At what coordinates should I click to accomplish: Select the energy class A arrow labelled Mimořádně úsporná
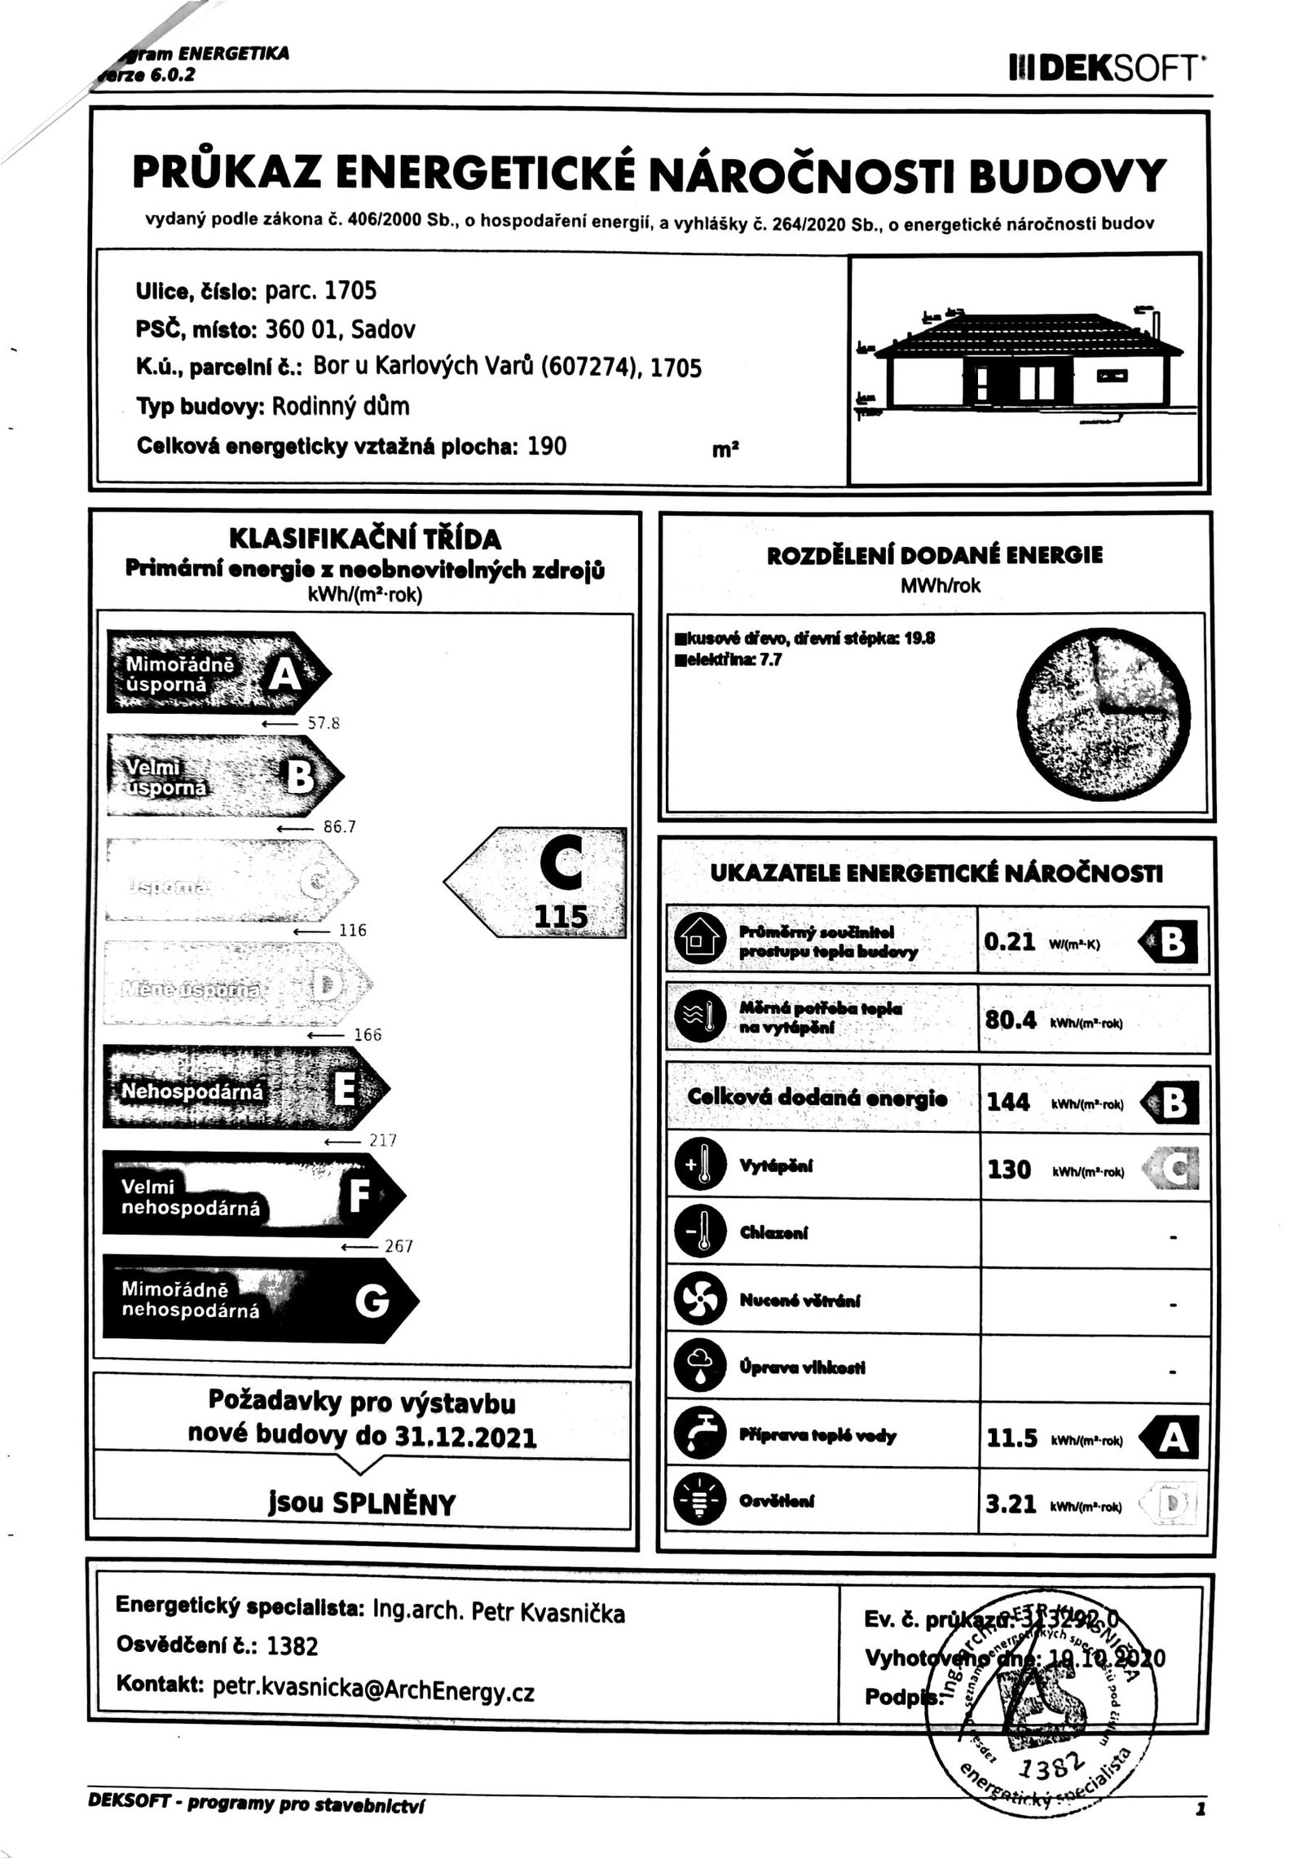coord(216,673)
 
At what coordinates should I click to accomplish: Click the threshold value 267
coord(399,1246)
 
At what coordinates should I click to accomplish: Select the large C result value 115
coord(560,916)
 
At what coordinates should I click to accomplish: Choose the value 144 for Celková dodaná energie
coord(1009,1102)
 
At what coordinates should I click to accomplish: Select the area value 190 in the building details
coord(547,446)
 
